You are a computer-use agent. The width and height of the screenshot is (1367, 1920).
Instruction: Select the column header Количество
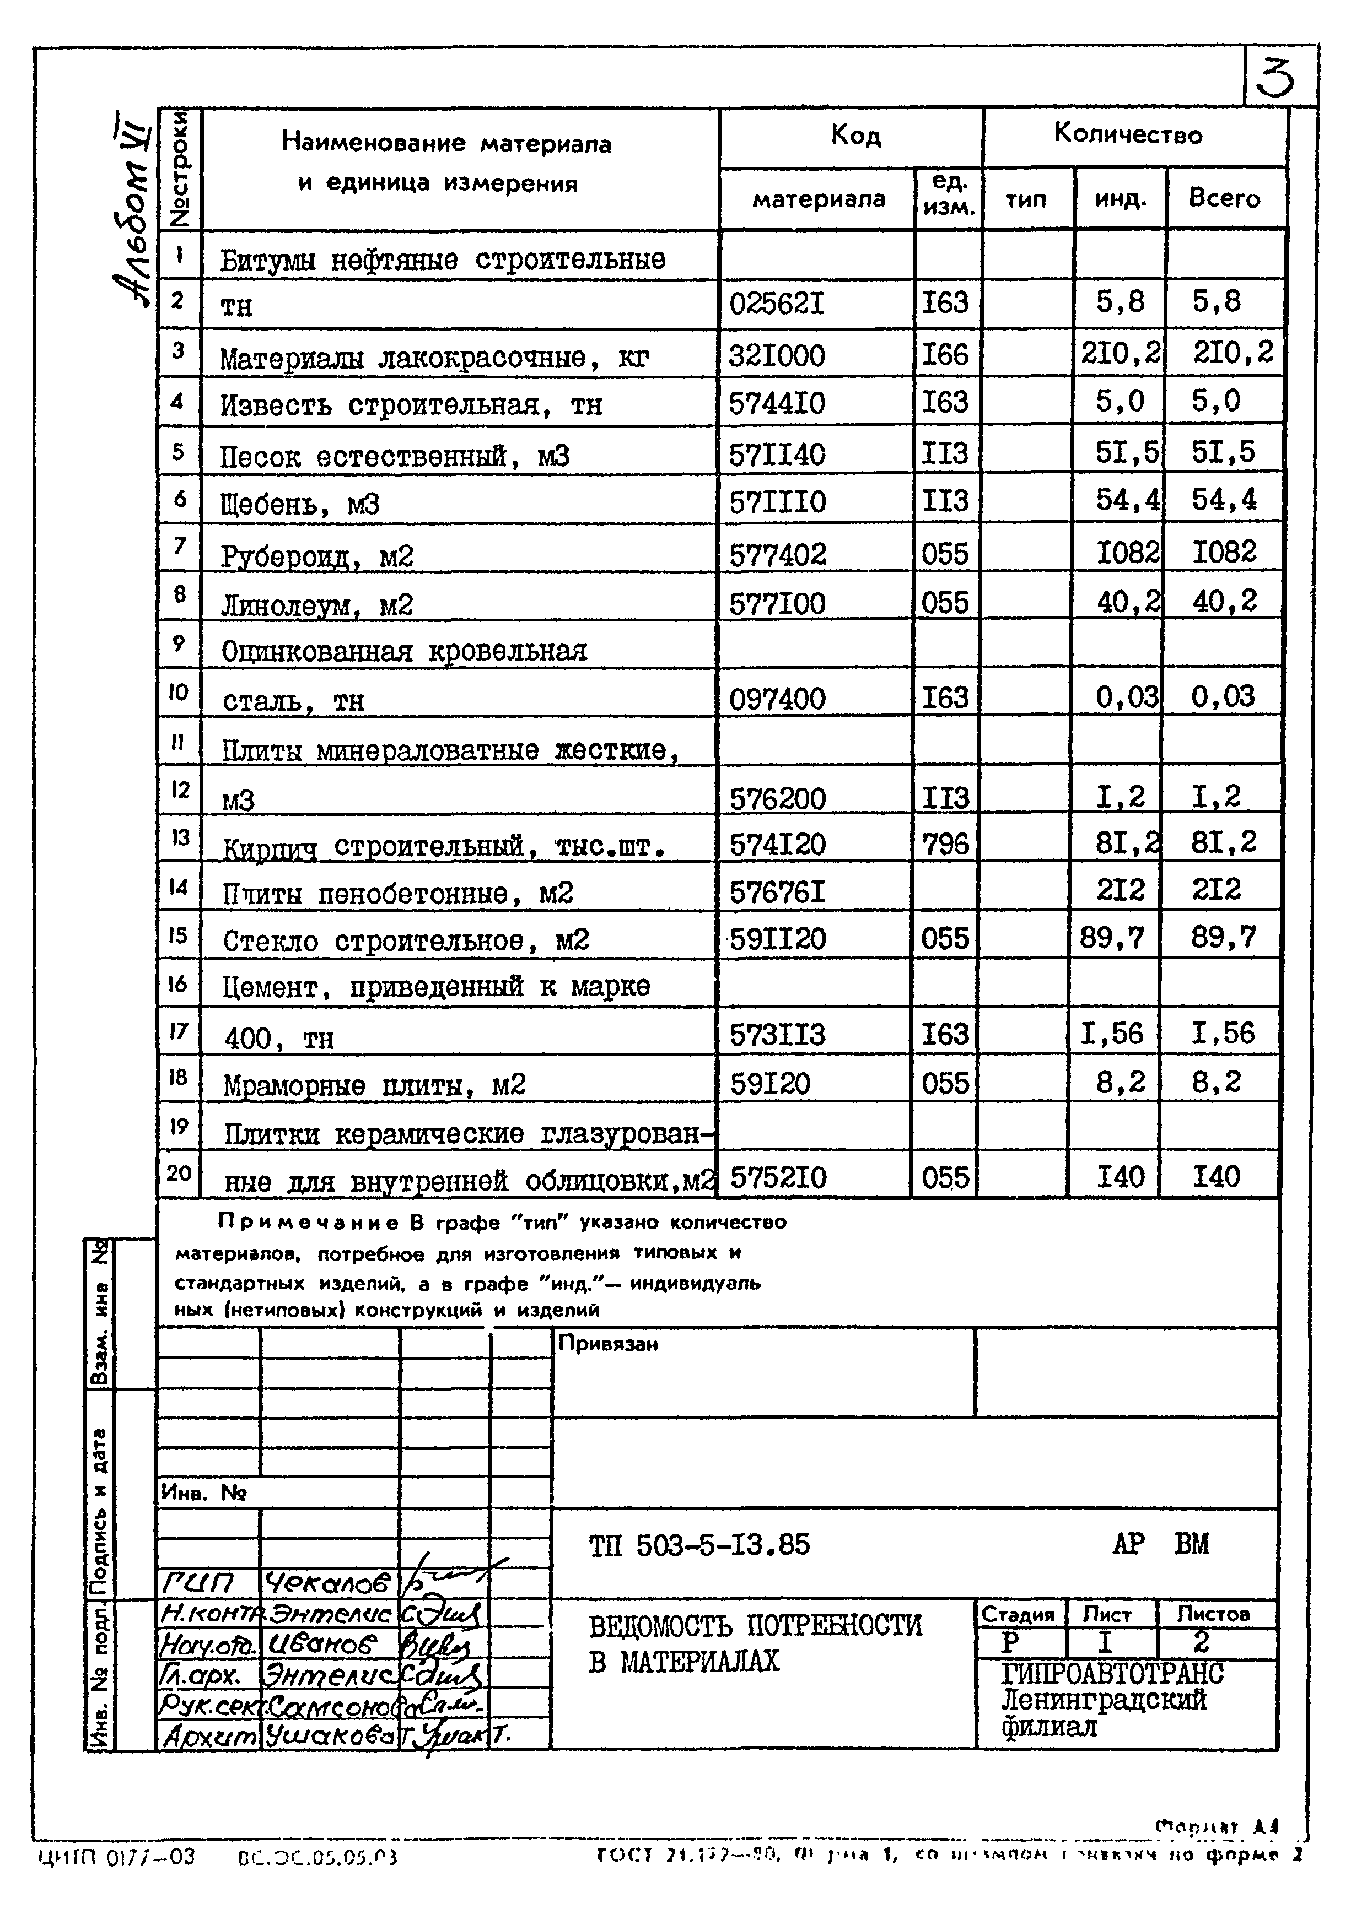point(1128,134)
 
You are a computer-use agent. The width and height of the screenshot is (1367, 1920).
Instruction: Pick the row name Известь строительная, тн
point(411,405)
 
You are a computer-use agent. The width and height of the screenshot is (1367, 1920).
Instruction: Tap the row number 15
point(177,935)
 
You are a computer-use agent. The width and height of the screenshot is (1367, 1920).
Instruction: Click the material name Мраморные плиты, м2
point(375,1085)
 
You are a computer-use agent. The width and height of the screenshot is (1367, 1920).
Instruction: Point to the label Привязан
point(608,1344)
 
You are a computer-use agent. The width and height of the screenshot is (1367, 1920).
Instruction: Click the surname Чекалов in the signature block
point(327,1584)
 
